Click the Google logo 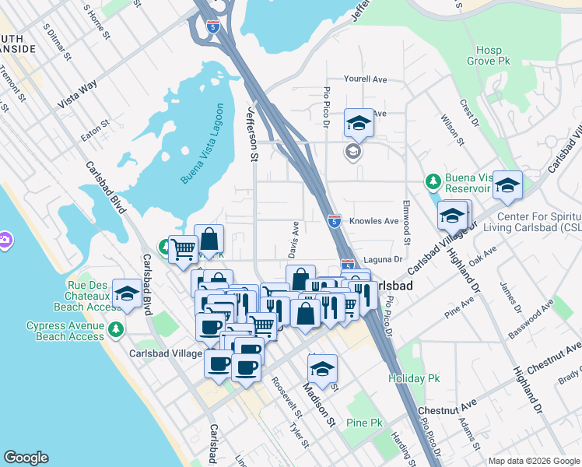click(26, 458)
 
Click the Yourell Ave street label click(366, 79)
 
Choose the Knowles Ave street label click(373, 221)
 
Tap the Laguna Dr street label click(385, 259)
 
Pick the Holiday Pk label click(415, 378)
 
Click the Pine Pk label click(366, 423)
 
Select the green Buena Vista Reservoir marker click(433, 182)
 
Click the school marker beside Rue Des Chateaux click(127, 294)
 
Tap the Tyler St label click(299, 436)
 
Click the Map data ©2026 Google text click(533, 461)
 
